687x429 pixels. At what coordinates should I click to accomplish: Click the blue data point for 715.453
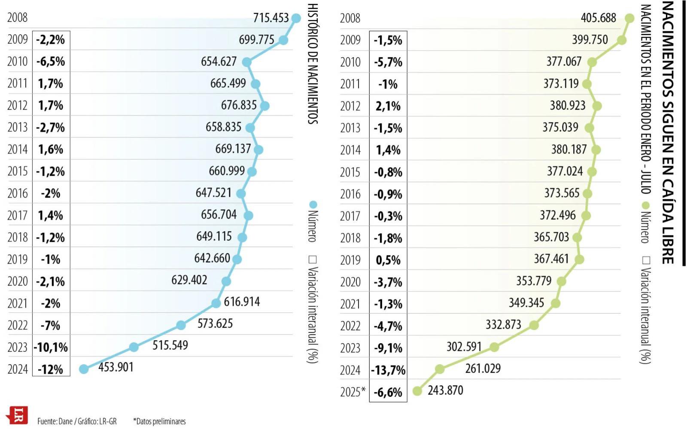(x=296, y=18)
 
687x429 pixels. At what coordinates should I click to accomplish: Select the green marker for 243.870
(x=417, y=391)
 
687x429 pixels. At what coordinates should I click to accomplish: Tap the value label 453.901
(x=116, y=367)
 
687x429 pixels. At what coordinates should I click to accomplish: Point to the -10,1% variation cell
(x=51, y=347)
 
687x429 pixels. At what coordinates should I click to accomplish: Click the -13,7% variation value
(x=388, y=370)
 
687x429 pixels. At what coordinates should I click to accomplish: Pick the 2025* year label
(x=353, y=392)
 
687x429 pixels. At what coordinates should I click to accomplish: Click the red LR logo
(x=18, y=416)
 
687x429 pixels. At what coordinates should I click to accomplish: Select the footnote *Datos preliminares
(x=159, y=421)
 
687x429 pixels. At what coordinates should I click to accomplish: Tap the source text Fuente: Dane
(x=55, y=421)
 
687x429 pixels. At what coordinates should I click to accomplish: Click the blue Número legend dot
(x=313, y=204)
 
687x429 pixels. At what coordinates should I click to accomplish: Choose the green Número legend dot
(x=645, y=205)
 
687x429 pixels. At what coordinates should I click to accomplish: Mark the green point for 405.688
(x=629, y=18)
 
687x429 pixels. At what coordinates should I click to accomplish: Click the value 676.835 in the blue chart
(x=239, y=105)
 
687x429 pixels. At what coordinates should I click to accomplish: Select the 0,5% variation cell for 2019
(x=388, y=260)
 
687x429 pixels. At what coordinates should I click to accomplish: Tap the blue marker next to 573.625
(x=181, y=325)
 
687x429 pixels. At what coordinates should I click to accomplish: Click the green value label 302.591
(x=464, y=346)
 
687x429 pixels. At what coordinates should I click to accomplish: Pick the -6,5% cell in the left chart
(x=51, y=61)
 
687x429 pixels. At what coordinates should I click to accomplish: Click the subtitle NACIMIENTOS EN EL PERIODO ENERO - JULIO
(x=645, y=99)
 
